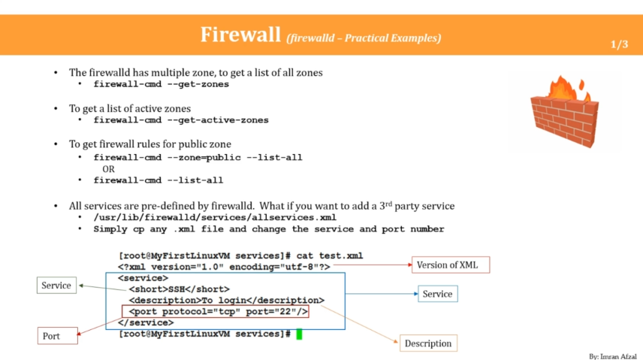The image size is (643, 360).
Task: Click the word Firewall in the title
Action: pos(241,35)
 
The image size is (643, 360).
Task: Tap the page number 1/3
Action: pos(619,45)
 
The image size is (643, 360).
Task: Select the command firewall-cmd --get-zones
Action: pos(161,84)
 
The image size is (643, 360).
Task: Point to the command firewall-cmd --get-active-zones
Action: pos(180,120)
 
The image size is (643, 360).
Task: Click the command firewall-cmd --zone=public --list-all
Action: pos(198,158)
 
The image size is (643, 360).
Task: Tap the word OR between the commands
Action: pos(108,169)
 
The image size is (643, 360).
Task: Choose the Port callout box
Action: pos(58,336)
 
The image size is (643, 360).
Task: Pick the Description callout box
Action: pos(427,343)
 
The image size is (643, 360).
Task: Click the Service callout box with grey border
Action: pos(56,286)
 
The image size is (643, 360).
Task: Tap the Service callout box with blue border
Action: pos(437,294)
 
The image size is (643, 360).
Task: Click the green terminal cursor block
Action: pos(299,334)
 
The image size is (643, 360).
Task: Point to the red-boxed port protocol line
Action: pos(216,312)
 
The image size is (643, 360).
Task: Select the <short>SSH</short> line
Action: pos(178,289)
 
